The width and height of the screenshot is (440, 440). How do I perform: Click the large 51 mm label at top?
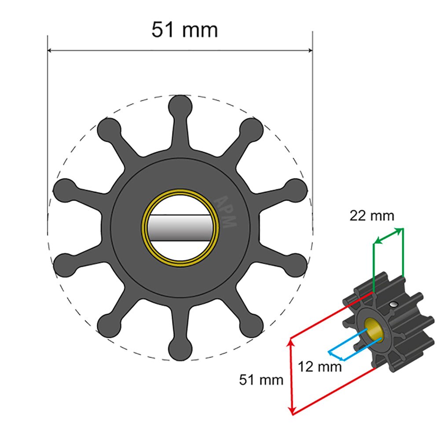(x=184, y=30)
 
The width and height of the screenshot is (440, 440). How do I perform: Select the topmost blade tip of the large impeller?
(x=180, y=106)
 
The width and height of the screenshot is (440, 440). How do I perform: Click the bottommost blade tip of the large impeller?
(x=180, y=350)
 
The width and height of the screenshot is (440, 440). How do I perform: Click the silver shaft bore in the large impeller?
(x=180, y=228)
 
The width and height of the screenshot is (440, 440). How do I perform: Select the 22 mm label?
(x=372, y=216)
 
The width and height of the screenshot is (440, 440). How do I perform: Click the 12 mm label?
(x=319, y=366)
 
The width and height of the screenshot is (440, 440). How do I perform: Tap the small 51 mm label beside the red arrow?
(x=261, y=380)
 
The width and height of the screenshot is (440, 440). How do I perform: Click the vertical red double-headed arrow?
(x=291, y=376)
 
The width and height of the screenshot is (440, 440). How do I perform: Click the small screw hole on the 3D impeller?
(x=393, y=304)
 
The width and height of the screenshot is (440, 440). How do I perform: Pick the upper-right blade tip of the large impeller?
(x=252, y=129)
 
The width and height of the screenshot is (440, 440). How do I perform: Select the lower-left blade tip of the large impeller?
(x=108, y=326)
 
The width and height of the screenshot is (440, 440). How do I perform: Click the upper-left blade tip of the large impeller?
(x=108, y=129)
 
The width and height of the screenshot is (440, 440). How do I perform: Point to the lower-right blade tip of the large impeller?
(x=252, y=326)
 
